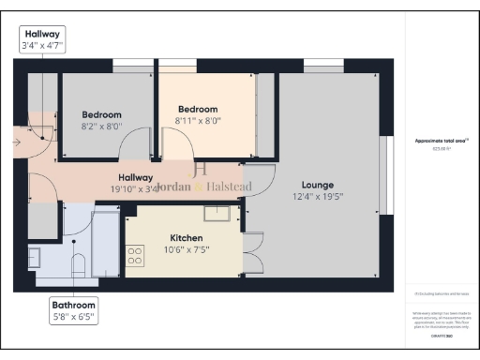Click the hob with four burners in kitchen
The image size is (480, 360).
click(134, 254)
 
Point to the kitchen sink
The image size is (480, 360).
click(217, 215)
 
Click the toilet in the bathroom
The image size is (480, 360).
click(80, 264)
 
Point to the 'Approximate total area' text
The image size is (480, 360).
click(441, 141)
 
